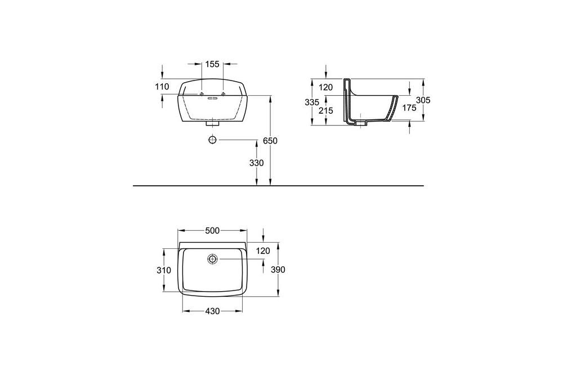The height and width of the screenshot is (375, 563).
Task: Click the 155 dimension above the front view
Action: tap(212, 64)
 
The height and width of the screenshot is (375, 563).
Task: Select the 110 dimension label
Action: tap(162, 87)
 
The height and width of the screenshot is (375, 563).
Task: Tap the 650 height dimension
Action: tap(270, 141)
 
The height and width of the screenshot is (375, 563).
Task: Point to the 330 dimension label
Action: tap(256, 163)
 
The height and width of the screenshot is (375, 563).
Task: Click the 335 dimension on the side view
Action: tap(312, 102)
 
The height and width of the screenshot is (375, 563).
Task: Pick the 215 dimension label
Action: tap(326, 110)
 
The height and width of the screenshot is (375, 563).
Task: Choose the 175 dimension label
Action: tap(409, 108)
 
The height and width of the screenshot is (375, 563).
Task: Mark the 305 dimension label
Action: tap(423, 100)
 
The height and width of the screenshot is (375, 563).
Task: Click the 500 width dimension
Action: tap(212, 231)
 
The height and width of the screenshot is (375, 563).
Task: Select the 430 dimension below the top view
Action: tap(212, 311)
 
